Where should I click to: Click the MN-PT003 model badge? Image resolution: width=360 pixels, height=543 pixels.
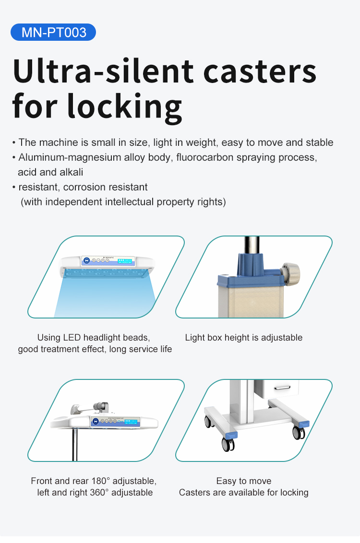point(53,32)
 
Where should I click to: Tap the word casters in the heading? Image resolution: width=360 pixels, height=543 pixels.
point(260,72)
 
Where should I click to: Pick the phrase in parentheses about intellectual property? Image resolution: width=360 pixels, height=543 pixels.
point(123,202)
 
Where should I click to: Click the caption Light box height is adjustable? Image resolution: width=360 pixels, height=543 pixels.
point(243,338)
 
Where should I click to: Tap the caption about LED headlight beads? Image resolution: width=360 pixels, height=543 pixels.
point(95,343)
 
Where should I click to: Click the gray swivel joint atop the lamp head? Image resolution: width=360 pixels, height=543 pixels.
point(101,407)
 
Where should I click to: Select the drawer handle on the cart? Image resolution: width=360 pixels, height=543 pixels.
point(282,388)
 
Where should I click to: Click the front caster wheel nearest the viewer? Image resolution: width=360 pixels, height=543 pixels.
point(228,444)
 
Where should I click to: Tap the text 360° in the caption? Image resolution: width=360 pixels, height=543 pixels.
point(99,493)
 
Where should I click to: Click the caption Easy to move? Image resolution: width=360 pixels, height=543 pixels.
point(243,481)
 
